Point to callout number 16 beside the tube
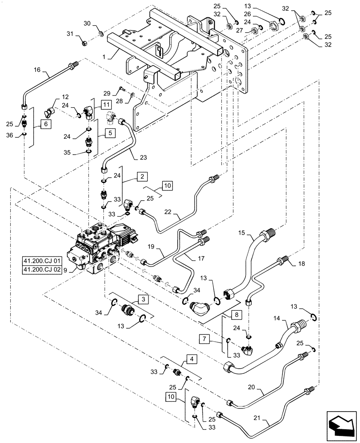tap(37, 70)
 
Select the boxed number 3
tap(141, 300)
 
